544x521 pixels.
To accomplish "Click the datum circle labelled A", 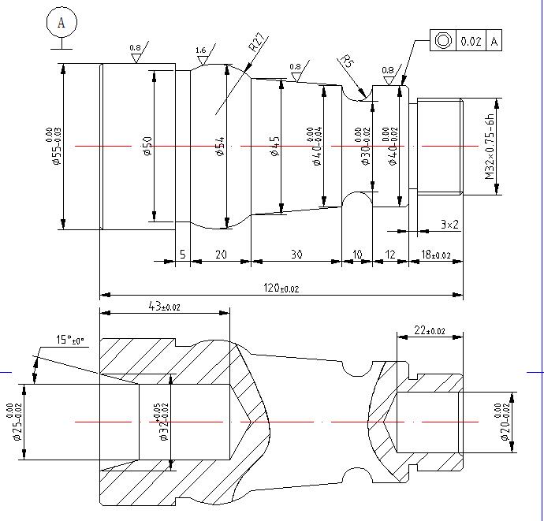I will click(x=61, y=24).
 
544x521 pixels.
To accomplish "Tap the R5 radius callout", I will click(x=346, y=61).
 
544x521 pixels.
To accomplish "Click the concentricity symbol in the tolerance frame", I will click(x=442, y=40).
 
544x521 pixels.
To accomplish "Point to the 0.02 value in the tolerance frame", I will click(x=471, y=40).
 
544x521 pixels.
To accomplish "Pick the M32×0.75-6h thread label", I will click(x=490, y=147).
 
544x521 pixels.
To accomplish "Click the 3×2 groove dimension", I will click(x=449, y=225).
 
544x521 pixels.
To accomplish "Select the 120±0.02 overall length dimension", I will click(x=281, y=288).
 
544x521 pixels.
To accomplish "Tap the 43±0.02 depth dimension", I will click(x=164, y=306).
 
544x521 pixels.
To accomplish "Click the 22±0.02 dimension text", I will click(x=429, y=330).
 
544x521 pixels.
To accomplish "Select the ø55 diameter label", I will click(x=54, y=147).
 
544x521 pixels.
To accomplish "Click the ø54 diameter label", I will click(x=220, y=147).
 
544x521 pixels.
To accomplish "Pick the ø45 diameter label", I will click(x=275, y=147).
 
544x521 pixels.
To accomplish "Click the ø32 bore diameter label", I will click(x=162, y=422).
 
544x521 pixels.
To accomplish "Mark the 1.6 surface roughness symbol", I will click(x=201, y=53).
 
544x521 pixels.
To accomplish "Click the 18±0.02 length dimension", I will click(x=435, y=255).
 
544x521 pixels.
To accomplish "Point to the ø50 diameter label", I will click(x=147, y=147).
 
